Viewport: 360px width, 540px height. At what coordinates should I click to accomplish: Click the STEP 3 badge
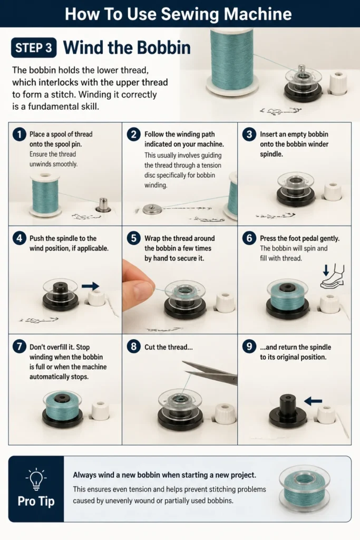[34, 47]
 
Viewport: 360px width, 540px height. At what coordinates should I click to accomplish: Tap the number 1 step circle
[20, 134]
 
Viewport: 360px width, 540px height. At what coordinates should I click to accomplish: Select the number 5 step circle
[133, 238]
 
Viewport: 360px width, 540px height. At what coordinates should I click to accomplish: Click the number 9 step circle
[249, 347]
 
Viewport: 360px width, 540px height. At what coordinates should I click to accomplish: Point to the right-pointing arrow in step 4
[91, 286]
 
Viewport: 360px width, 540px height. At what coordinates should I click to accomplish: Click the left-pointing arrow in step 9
[313, 401]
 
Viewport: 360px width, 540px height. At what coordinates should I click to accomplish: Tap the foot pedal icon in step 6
[333, 276]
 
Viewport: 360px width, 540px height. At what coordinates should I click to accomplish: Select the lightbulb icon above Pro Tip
[36, 479]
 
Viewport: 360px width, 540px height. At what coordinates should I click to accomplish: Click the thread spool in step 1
[45, 195]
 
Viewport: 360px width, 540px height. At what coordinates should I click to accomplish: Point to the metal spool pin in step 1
[103, 205]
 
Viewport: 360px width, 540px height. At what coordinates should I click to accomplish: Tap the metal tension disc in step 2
[152, 209]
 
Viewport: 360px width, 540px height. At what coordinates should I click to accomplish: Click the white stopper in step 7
[101, 410]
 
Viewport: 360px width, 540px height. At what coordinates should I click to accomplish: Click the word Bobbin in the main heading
[164, 47]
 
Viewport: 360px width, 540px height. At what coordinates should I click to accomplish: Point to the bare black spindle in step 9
[288, 412]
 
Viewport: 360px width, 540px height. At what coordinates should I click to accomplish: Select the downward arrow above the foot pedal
[326, 271]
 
